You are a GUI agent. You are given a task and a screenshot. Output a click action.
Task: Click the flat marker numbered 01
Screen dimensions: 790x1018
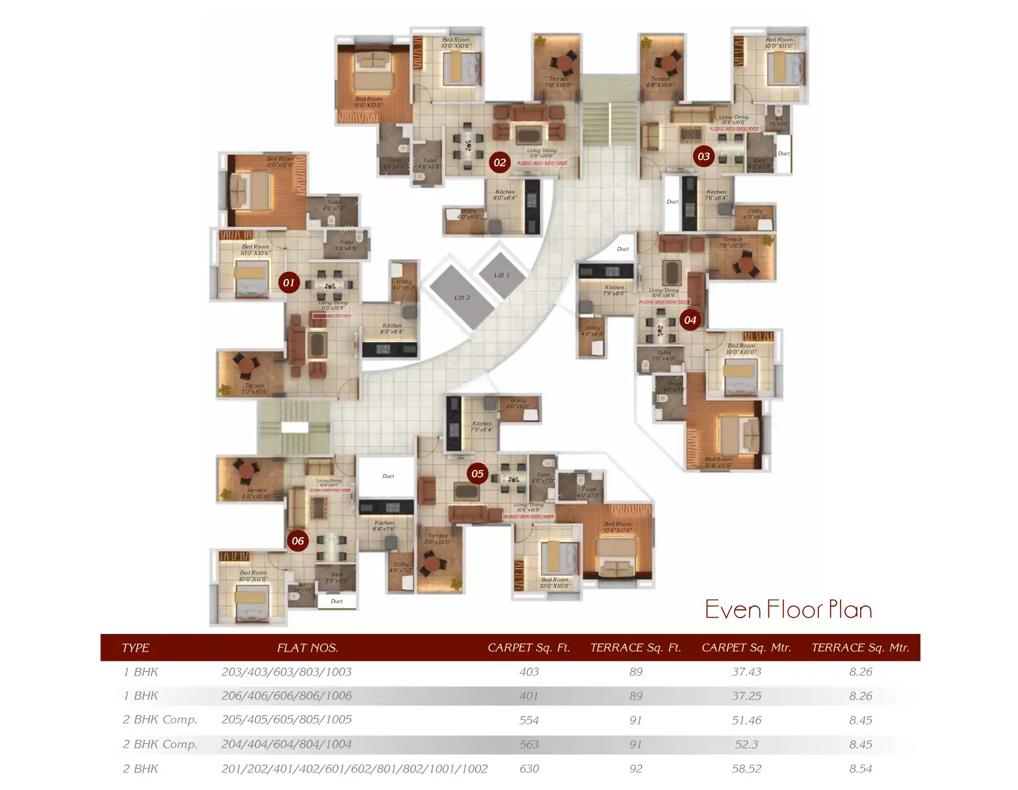289,283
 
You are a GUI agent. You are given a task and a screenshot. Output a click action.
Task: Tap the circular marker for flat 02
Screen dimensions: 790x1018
499,163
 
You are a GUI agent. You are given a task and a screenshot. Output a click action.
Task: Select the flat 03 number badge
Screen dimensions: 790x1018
703,156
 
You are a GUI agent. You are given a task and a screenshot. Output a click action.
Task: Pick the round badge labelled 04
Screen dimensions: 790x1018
690,320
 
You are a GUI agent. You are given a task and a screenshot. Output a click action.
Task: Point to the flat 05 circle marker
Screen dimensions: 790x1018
477,473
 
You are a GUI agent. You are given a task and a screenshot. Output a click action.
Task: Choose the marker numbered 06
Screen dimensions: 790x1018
298,541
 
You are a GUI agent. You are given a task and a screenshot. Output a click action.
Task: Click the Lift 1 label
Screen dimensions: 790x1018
502,275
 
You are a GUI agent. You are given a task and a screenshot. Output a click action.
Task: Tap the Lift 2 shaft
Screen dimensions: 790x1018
462,298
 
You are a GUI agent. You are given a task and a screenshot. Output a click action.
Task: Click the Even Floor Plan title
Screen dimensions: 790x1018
788,610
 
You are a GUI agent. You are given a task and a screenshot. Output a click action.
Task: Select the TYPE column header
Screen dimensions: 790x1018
135,648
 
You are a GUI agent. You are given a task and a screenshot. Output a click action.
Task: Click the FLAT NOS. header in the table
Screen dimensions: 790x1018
307,648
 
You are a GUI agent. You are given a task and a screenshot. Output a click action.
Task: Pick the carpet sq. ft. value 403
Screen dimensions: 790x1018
529,672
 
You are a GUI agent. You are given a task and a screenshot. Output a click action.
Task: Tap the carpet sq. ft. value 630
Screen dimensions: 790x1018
529,769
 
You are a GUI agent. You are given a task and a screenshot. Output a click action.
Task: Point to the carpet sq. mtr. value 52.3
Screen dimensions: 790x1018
746,744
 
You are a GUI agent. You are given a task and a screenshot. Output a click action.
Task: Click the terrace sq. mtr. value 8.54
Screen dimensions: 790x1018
860,769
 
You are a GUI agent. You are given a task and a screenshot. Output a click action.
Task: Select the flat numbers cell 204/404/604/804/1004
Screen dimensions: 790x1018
286,744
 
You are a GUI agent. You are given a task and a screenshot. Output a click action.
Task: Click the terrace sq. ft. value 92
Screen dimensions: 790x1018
636,769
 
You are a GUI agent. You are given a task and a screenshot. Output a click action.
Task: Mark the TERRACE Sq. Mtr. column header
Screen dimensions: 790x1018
860,648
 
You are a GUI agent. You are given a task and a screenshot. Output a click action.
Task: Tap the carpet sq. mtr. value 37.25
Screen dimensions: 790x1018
746,696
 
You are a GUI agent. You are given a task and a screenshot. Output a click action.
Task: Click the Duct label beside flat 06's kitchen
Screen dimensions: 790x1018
388,476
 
